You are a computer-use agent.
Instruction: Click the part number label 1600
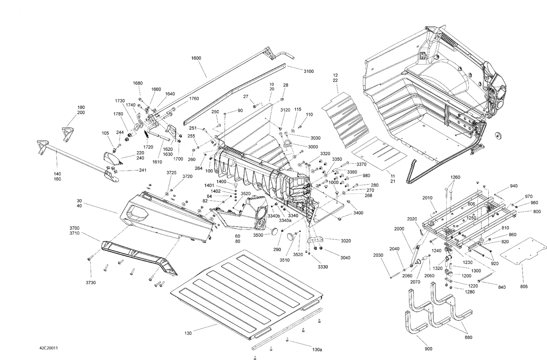196,58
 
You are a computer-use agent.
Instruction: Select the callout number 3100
309,71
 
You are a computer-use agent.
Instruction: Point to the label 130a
317,350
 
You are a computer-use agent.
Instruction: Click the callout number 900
428,349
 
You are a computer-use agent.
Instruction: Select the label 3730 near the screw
90,283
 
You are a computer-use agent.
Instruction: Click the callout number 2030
378,255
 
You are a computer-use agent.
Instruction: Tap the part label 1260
455,177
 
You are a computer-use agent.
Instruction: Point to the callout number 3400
358,213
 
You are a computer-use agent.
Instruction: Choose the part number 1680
138,83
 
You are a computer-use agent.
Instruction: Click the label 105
105,133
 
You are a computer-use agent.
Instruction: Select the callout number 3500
258,235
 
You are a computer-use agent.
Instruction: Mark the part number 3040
345,258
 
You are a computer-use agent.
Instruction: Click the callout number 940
513,186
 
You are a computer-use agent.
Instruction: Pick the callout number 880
468,337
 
